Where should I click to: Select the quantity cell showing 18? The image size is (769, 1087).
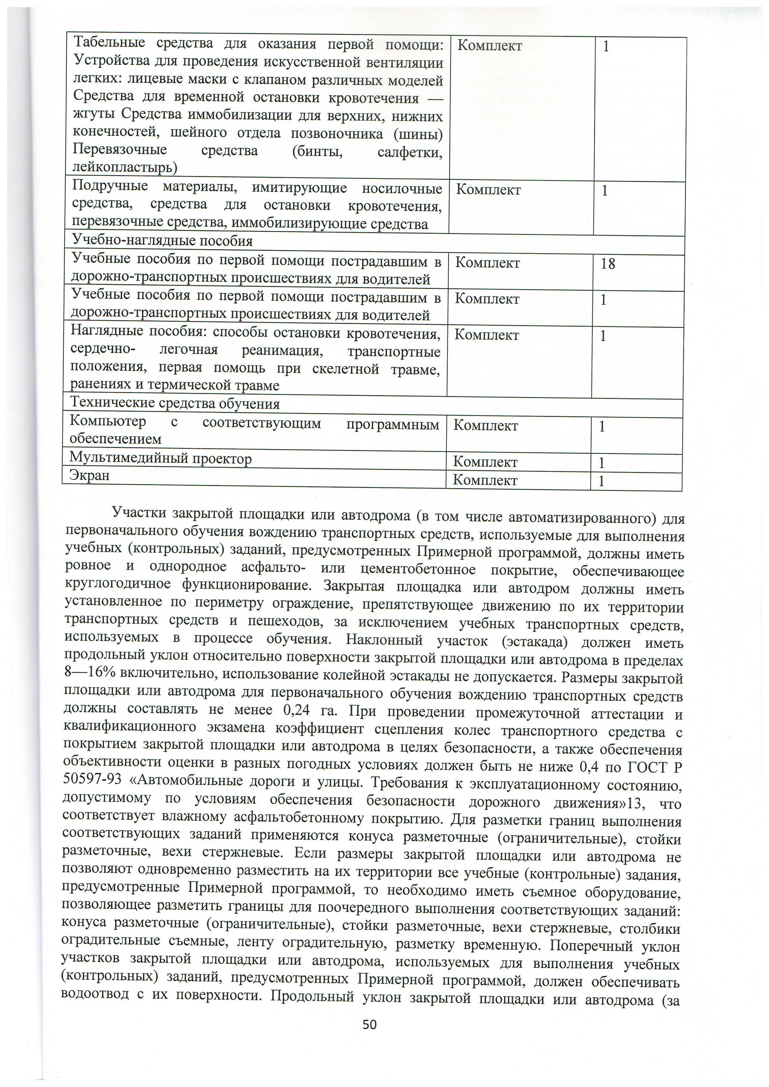pyautogui.click(x=608, y=264)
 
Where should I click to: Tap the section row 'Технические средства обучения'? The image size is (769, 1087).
pyautogui.click(x=175, y=404)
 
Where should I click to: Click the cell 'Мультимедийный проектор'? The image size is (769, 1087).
pyautogui.click(x=161, y=459)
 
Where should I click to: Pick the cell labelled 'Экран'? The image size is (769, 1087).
pyautogui.click(x=90, y=475)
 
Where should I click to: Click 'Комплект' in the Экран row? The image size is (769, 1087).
pyautogui.click(x=485, y=480)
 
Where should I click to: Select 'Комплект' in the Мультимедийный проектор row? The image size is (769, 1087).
pyautogui.click(x=485, y=462)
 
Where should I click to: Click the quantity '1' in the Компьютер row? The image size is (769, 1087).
pyautogui.click(x=602, y=426)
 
